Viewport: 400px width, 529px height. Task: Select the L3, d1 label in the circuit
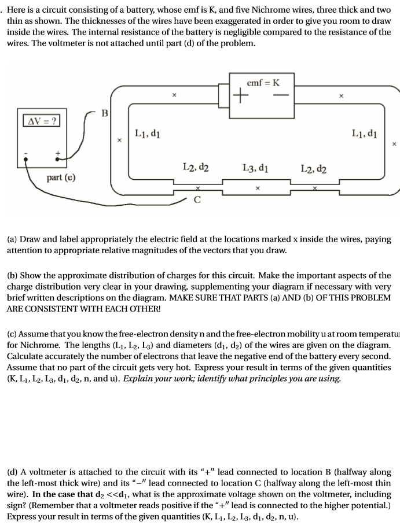coord(255,168)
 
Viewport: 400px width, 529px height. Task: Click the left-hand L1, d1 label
coord(147,134)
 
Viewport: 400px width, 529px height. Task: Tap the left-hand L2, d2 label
coord(196,168)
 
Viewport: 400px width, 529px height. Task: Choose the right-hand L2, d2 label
coord(313,169)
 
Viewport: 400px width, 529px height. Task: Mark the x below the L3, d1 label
coord(257,188)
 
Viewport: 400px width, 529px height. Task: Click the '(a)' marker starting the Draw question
coord(12,238)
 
